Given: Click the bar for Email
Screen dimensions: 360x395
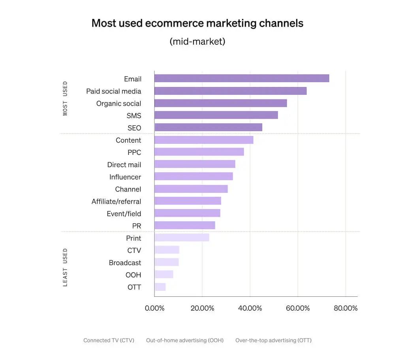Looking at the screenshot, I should (241, 78).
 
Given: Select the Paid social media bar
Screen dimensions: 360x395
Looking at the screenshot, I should (230, 91).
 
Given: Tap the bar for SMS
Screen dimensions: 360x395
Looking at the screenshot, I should (216, 115).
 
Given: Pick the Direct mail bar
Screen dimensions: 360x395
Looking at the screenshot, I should (195, 164).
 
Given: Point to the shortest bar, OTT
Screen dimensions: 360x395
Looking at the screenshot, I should (160, 287).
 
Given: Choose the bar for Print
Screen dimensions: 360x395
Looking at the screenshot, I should (182, 237).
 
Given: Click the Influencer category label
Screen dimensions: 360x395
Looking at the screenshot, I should (125, 177).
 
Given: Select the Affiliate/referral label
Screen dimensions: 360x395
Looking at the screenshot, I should (116, 202).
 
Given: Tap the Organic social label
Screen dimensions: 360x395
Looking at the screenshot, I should (118, 104).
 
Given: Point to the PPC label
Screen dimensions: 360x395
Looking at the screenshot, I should (134, 152).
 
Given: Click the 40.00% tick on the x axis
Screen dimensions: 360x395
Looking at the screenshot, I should (250, 308).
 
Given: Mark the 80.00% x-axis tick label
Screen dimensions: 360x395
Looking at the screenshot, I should (345, 308).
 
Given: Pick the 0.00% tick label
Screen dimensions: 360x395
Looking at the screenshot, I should (154, 308).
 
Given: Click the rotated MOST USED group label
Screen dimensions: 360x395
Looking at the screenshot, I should (65, 98).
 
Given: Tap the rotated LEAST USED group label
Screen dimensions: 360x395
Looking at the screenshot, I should (65, 267).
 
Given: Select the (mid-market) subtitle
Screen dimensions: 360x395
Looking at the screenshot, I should (197, 41).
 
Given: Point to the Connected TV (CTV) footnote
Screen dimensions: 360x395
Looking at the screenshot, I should (109, 340).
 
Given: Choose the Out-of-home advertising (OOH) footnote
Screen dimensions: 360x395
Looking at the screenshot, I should (184, 340).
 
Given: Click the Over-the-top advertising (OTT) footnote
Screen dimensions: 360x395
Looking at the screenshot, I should (273, 340).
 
